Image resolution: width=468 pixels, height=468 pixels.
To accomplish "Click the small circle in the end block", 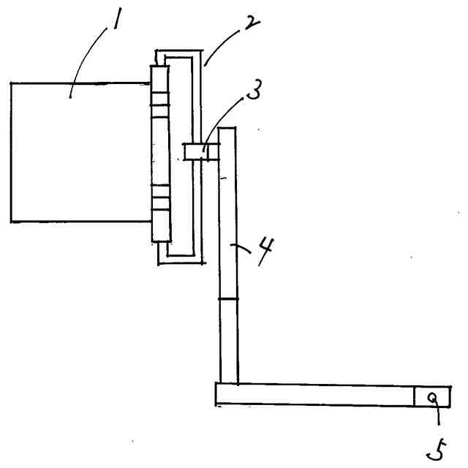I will (434, 397).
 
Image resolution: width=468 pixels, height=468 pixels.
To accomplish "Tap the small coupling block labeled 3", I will (195, 152).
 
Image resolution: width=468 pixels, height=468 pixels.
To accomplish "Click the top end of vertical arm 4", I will (227, 129).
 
